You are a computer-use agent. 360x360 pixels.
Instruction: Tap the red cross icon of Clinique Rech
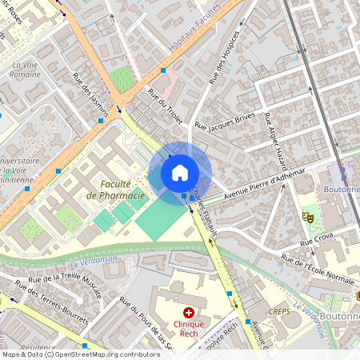coord(189,313)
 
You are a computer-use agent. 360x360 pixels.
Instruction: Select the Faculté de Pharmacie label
coord(116,190)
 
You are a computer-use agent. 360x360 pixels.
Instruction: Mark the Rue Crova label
coord(317,237)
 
